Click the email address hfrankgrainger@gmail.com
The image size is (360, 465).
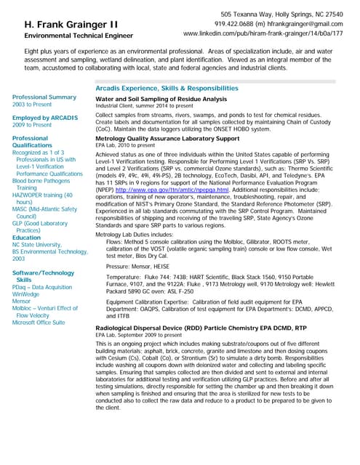click(x=300, y=24)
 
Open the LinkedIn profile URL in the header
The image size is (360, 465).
click(x=263, y=33)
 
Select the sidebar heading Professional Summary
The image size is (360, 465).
click(x=44, y=97)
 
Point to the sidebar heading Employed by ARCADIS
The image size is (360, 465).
click(x=44, y=117)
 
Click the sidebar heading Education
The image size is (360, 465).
click(x=27, y=238)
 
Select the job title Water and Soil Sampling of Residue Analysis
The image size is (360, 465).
click(x=161, y=99)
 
